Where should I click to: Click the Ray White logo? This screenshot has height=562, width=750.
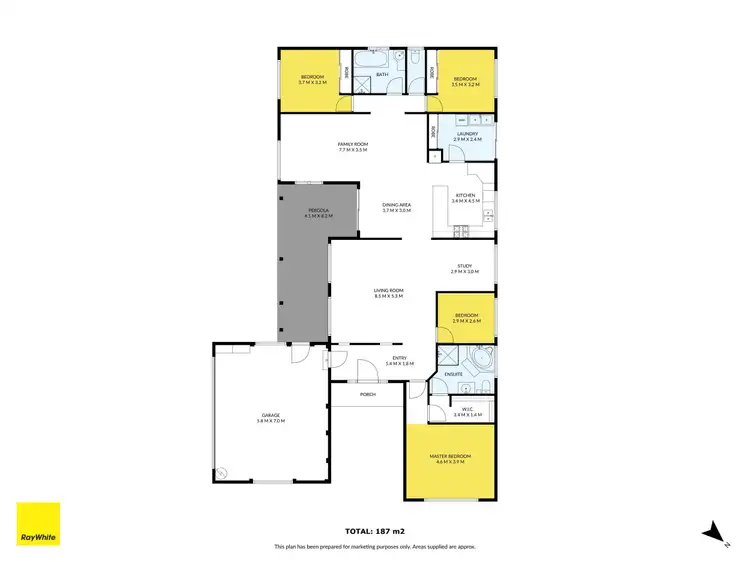pos(38,523)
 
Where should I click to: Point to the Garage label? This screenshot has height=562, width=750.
pos(271,417)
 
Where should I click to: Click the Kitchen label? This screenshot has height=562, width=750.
pos(466,196)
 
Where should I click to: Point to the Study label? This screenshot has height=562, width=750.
pos(465,267)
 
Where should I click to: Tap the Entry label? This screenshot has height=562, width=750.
pos(399,359)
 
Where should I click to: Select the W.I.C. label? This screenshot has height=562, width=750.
pos(467,410)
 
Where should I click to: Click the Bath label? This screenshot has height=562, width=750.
pos(382,76)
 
